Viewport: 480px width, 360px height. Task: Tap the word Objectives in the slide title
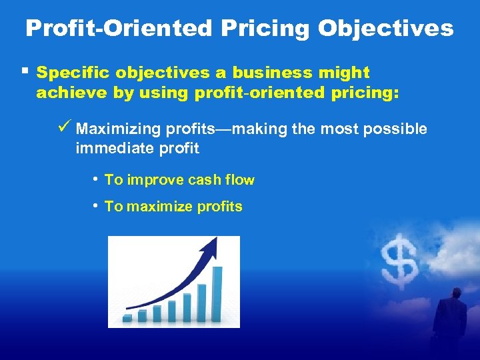point(386,28)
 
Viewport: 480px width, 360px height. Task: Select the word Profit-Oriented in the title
point(117,28)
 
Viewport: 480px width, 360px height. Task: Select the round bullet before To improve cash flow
point(97,179)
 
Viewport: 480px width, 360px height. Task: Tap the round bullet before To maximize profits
point(97,205)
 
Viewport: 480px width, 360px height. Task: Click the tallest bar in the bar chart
point(217,294)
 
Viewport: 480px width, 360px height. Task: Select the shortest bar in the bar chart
point(127,319)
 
